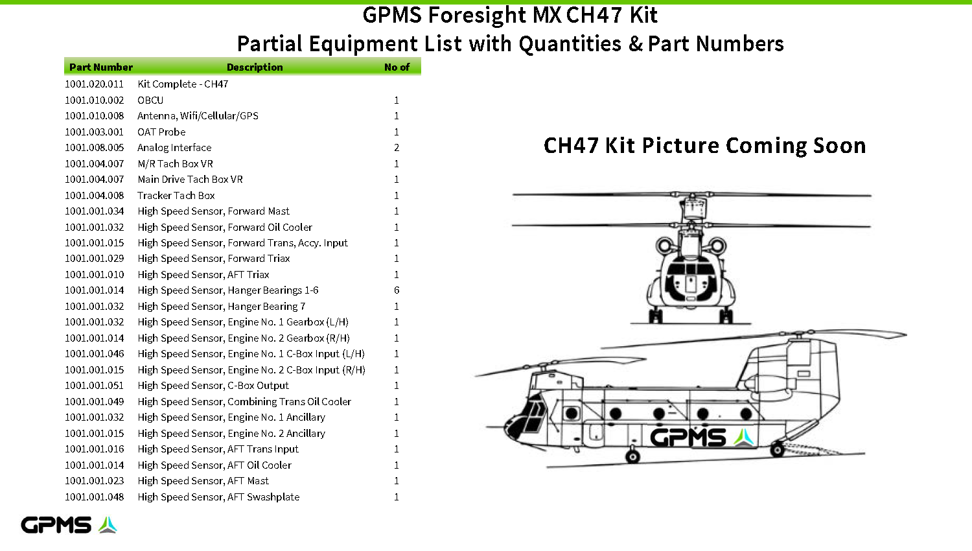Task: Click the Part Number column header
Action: click(101, 67)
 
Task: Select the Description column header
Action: click(255, 67)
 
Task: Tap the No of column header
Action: click(397, 67)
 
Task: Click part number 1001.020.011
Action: click(94, 84)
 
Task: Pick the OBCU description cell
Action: click(150, 100)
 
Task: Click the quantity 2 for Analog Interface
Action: click(397, 148)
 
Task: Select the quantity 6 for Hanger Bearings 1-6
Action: click(397, 290)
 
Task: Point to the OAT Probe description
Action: click(161, 132)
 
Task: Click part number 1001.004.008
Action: click(94, 195)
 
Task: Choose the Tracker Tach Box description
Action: click(176, 195)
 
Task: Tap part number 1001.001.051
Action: click(94, 386)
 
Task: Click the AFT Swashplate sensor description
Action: click(219, 497)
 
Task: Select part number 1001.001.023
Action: click(94, 480)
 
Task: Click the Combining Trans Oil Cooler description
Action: click(244, 402)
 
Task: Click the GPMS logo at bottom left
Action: click(69, 525)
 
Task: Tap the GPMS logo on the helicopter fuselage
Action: click(702, 438)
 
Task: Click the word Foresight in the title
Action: click(478, 15)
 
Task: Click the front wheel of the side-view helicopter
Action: click(632, 456)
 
